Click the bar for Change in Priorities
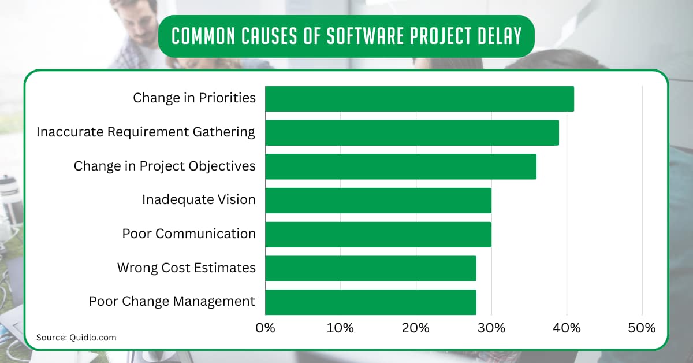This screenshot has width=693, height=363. [419, 99]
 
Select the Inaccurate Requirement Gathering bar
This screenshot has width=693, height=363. [412, 132]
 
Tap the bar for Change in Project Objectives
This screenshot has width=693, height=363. [400, 166]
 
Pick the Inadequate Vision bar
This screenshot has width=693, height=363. [378, 201]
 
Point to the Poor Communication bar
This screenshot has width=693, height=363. [378, 234]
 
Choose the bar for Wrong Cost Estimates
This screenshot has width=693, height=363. [370, 268]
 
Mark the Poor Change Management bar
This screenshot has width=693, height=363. [370, 302]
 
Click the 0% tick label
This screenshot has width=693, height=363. [265, 328]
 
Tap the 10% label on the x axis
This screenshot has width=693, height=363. [340, 328]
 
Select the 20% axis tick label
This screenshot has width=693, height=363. [416, 328]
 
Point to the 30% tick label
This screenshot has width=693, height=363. [491, 328]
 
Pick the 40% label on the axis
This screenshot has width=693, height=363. [567, 328]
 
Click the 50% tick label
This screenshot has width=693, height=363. [642, 328]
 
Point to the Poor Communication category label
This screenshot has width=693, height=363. [189, 234]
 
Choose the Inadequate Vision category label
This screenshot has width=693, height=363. [199, 200]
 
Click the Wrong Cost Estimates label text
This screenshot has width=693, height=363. [186, 268]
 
